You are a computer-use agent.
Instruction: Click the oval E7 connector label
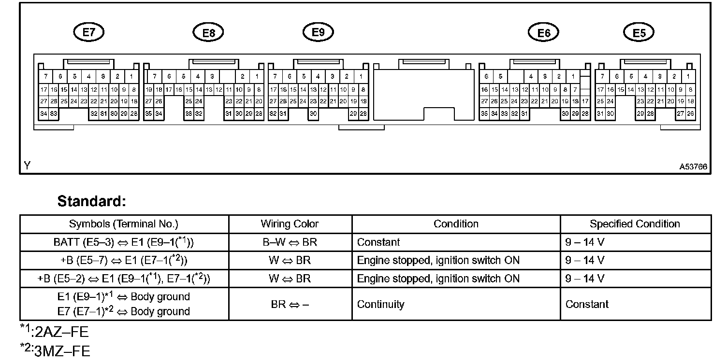89,32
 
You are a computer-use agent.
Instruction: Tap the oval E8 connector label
208,33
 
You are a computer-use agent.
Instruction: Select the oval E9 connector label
318,32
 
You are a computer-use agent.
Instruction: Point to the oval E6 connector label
543,33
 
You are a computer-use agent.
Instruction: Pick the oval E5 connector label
639,33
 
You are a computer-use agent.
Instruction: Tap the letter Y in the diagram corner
27,166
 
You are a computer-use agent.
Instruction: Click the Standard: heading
91,201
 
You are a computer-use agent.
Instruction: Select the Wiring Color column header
290,224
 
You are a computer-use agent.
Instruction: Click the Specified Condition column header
635,224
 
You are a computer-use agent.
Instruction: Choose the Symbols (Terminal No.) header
124,224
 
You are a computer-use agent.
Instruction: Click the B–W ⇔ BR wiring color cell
290,242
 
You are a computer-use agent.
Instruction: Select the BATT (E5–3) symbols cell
124,242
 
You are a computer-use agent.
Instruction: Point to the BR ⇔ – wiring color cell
290,304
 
